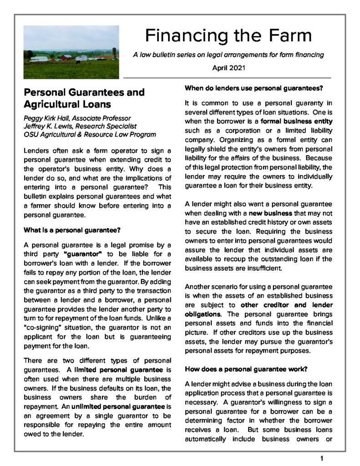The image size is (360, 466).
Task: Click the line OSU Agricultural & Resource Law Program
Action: (x=89, y=135)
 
